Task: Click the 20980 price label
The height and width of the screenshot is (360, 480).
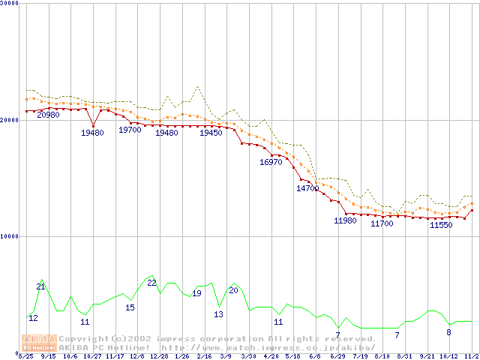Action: pos(48,115)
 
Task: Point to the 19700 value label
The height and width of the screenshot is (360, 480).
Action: pos(130,130)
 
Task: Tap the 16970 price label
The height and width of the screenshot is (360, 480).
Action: pos(271,162)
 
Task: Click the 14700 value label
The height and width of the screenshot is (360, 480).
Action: pos(307,188)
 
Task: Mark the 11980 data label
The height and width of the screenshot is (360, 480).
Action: pos(345,220)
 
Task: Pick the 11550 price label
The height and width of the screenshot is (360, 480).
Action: pos(441,225)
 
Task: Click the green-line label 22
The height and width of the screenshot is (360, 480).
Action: pos(151,283)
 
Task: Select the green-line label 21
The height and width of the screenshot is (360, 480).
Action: pos(40,286)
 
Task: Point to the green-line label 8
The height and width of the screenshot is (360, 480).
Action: pos(448,332)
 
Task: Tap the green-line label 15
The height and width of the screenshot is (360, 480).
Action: pos(130,307)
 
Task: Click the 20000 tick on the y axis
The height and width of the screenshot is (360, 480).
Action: pos(10,120)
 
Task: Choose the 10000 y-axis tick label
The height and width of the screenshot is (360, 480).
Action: pos(10,236)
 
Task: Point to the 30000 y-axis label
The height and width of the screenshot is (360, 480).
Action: pos(10,4)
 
